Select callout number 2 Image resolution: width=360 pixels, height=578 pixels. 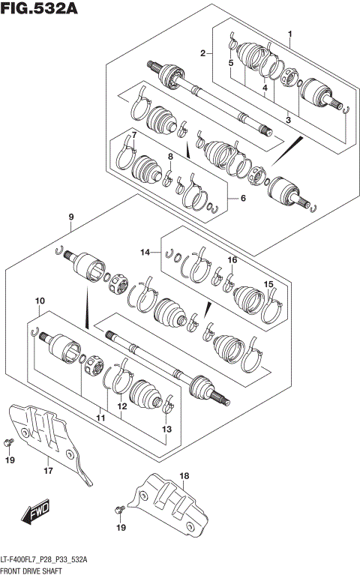point(202,52)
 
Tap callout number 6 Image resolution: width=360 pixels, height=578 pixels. point(242,198)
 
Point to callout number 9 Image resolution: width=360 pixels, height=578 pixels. point(70,218)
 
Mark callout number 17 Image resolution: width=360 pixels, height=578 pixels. point(47,471)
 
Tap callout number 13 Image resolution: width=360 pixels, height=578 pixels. point(166,429)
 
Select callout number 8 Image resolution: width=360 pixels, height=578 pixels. point(170,156)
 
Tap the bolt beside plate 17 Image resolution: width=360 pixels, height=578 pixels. point(10,441)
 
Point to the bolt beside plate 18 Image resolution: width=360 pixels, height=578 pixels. point(118,510)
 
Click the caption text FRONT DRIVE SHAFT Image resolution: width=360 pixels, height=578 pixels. point(31,571)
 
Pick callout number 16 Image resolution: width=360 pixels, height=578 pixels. point(232,260)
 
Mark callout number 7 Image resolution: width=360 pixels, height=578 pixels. point(133,135)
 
